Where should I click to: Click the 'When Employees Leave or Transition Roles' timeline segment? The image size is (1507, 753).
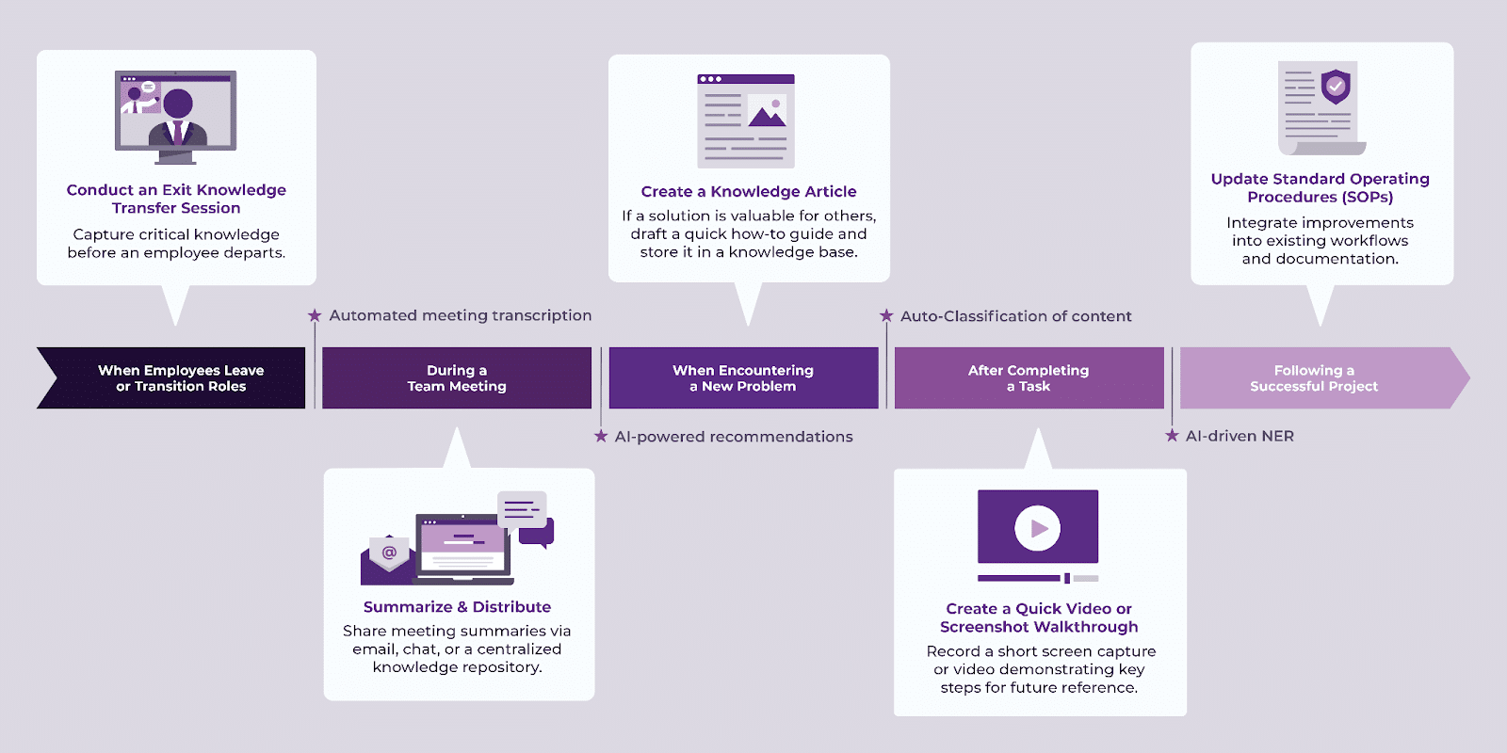pos(179,378)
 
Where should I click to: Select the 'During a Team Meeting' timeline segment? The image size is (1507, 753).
pos(457,378)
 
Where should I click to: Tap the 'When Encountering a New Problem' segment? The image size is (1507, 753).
pos(743,378)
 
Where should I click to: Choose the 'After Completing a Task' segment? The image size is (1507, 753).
pos(1029,378)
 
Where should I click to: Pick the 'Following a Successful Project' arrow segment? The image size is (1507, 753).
pos(1314,378)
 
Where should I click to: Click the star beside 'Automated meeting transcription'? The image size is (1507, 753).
pos(315,315)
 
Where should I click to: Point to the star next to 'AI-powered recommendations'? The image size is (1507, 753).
pos(601,436)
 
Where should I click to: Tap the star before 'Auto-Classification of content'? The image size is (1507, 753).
pos(886,315)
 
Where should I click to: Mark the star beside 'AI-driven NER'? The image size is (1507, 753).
pos(1172,435)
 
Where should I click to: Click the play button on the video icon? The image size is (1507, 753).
pos(1038,528)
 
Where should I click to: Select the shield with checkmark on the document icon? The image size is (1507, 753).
pos(1336,87)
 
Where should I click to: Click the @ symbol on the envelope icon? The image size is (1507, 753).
pos(389,552)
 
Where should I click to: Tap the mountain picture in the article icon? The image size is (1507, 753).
pos(768,113)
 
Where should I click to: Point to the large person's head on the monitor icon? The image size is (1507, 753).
pos(178,103)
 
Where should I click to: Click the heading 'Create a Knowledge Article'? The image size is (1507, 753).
pos(749,192)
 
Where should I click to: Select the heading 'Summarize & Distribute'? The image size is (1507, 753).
pos(457,607)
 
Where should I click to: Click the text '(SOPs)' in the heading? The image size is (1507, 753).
pos(1367,197)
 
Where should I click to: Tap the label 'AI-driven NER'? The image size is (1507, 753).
pos(1240,436)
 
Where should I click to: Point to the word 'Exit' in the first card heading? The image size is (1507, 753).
pos(176,190)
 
